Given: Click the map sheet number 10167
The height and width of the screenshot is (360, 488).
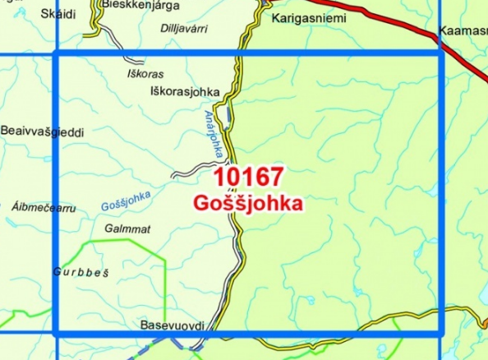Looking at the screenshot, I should pos(249,177).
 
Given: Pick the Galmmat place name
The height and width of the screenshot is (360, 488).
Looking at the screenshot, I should pos(128,229).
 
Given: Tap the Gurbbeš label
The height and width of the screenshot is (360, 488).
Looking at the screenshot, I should pos(81,271).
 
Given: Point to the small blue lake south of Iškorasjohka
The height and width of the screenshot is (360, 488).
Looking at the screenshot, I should pos(226,118).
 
